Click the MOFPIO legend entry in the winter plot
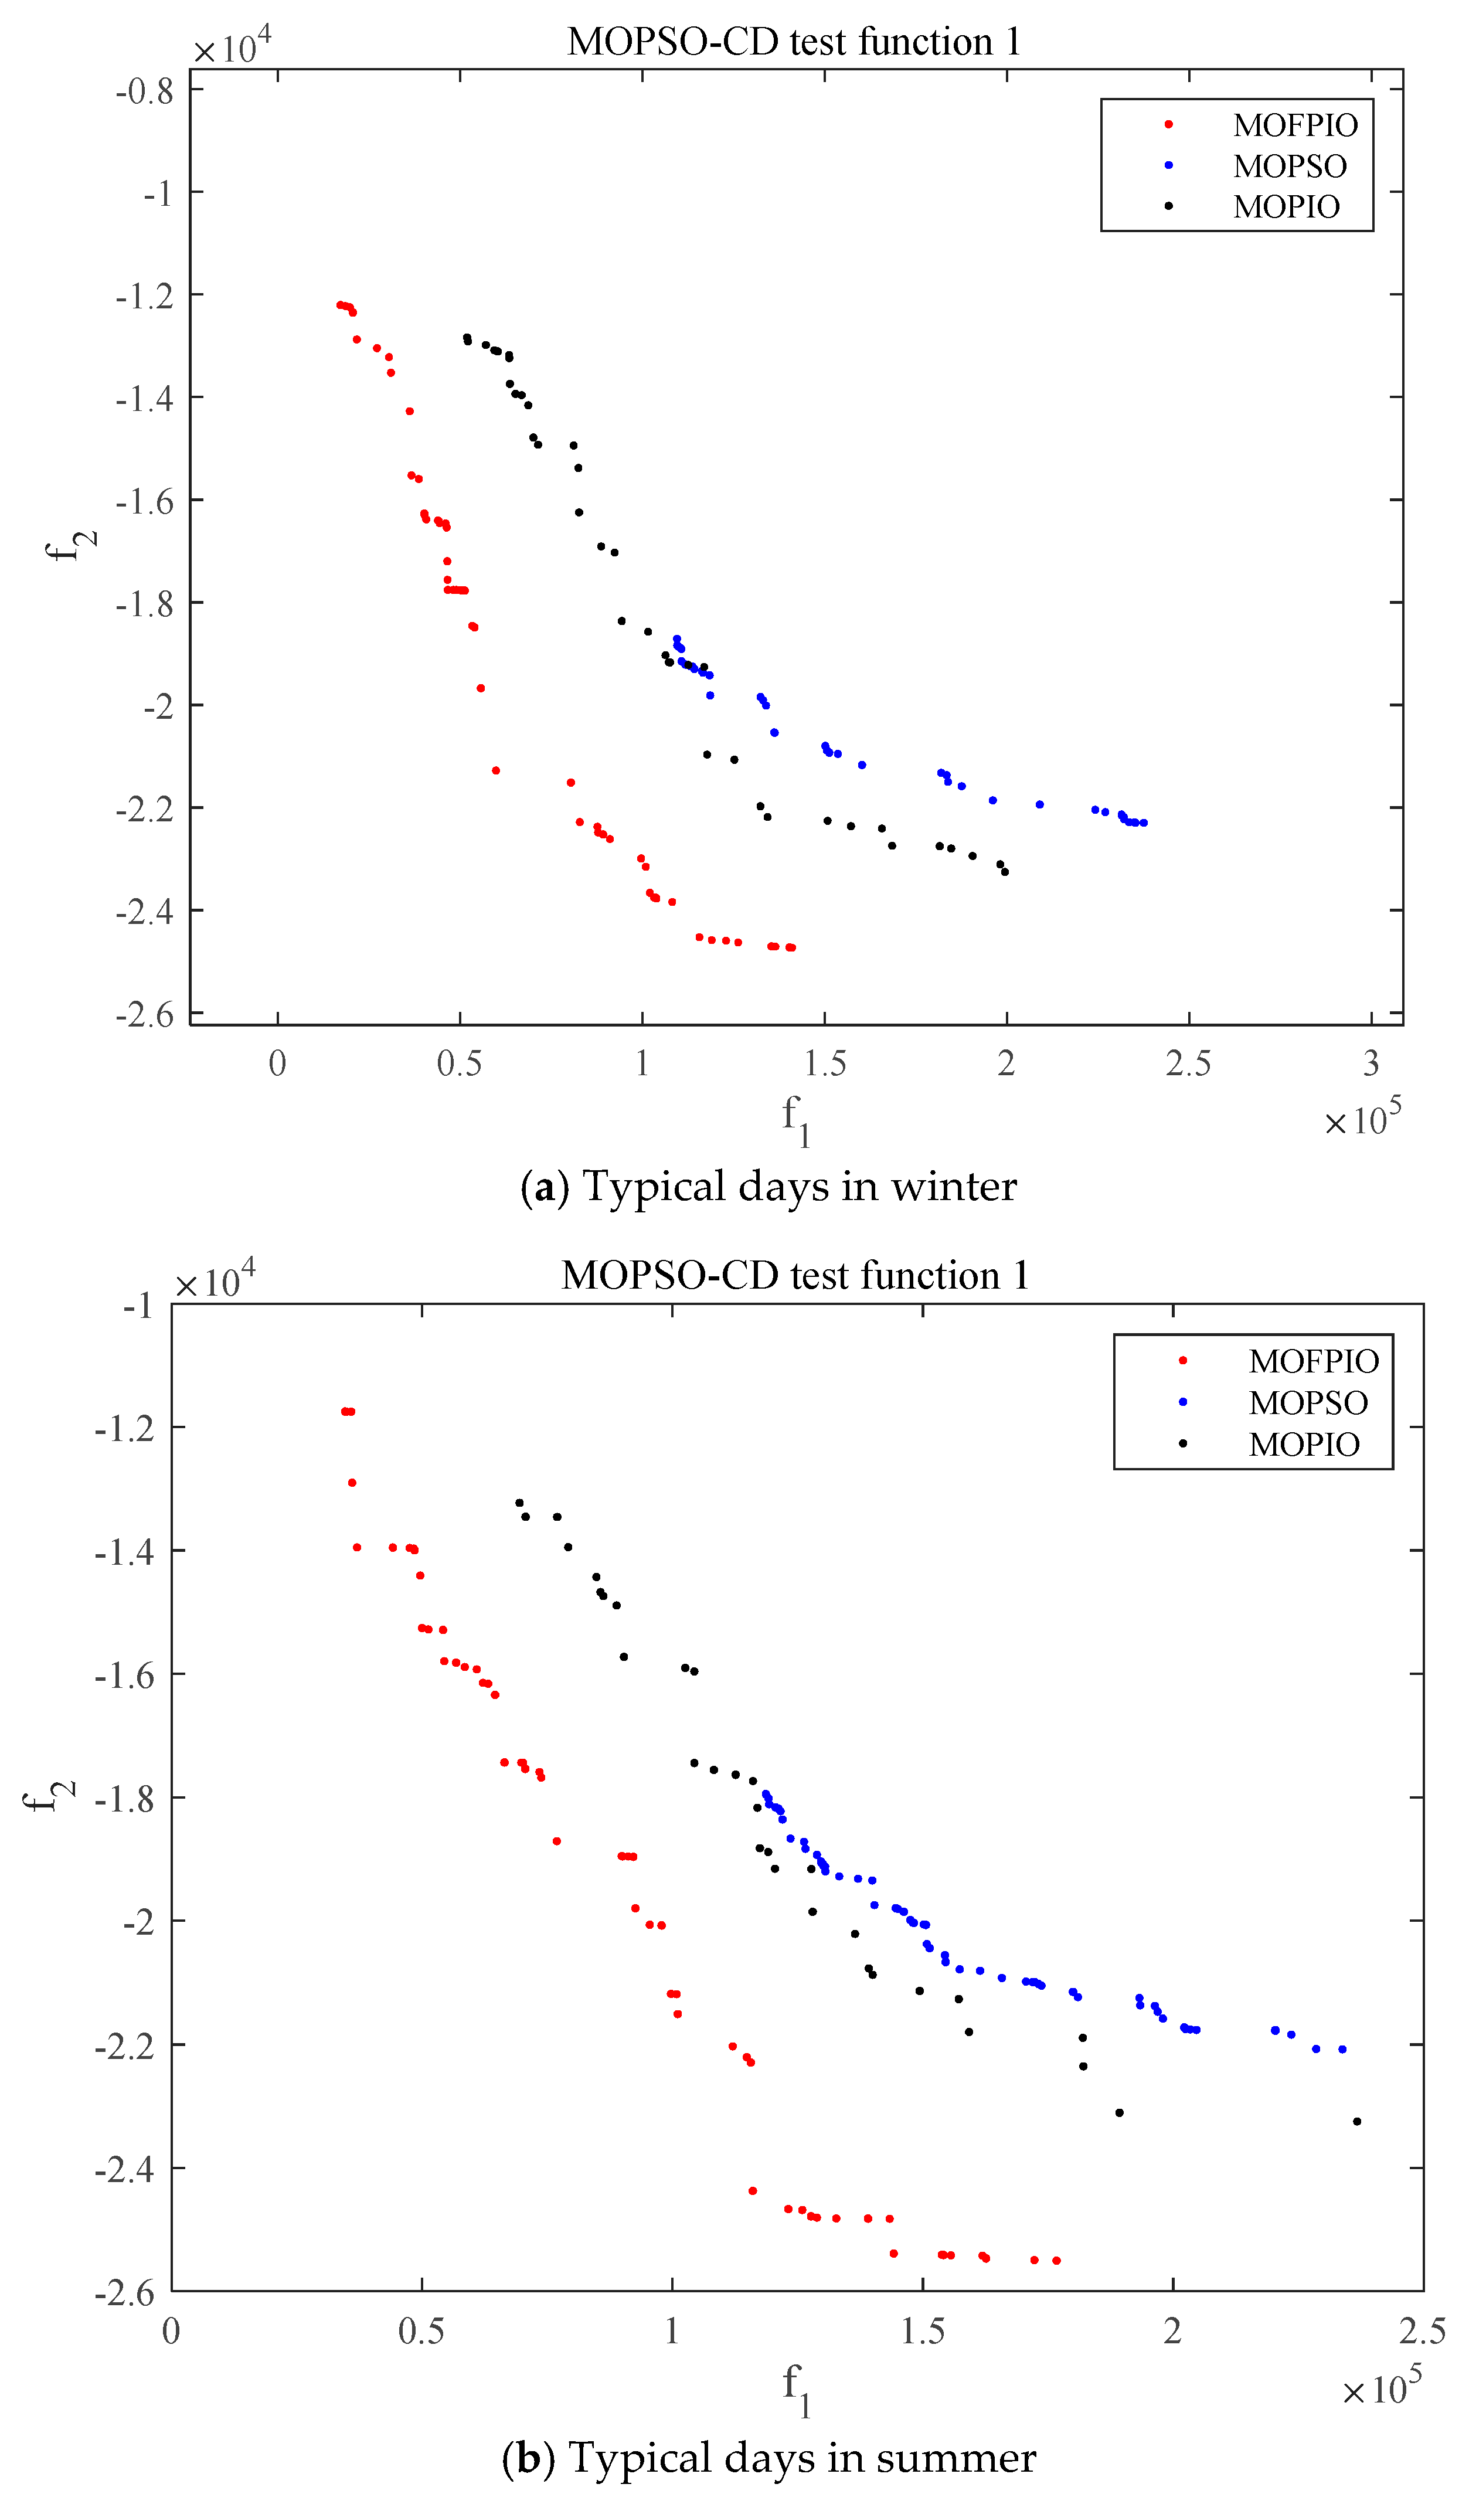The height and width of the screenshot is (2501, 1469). (1294, 125)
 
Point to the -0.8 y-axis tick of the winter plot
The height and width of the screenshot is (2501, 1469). (145, 91)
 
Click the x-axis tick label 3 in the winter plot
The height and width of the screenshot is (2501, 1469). (1371, 1063)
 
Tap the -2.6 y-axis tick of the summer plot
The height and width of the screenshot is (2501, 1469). (125, 2293)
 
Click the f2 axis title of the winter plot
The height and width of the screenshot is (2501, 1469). (72, 542)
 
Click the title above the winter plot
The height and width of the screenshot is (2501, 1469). (794, 42)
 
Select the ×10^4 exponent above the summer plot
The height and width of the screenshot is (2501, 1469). (215, 1280)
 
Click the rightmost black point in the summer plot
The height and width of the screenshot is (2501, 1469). (1357, 2122)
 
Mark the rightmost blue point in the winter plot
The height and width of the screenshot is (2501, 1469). (1144, 823)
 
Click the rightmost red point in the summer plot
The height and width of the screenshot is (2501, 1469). (1056, 2261)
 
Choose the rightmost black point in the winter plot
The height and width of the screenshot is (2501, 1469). (1005, 871)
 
